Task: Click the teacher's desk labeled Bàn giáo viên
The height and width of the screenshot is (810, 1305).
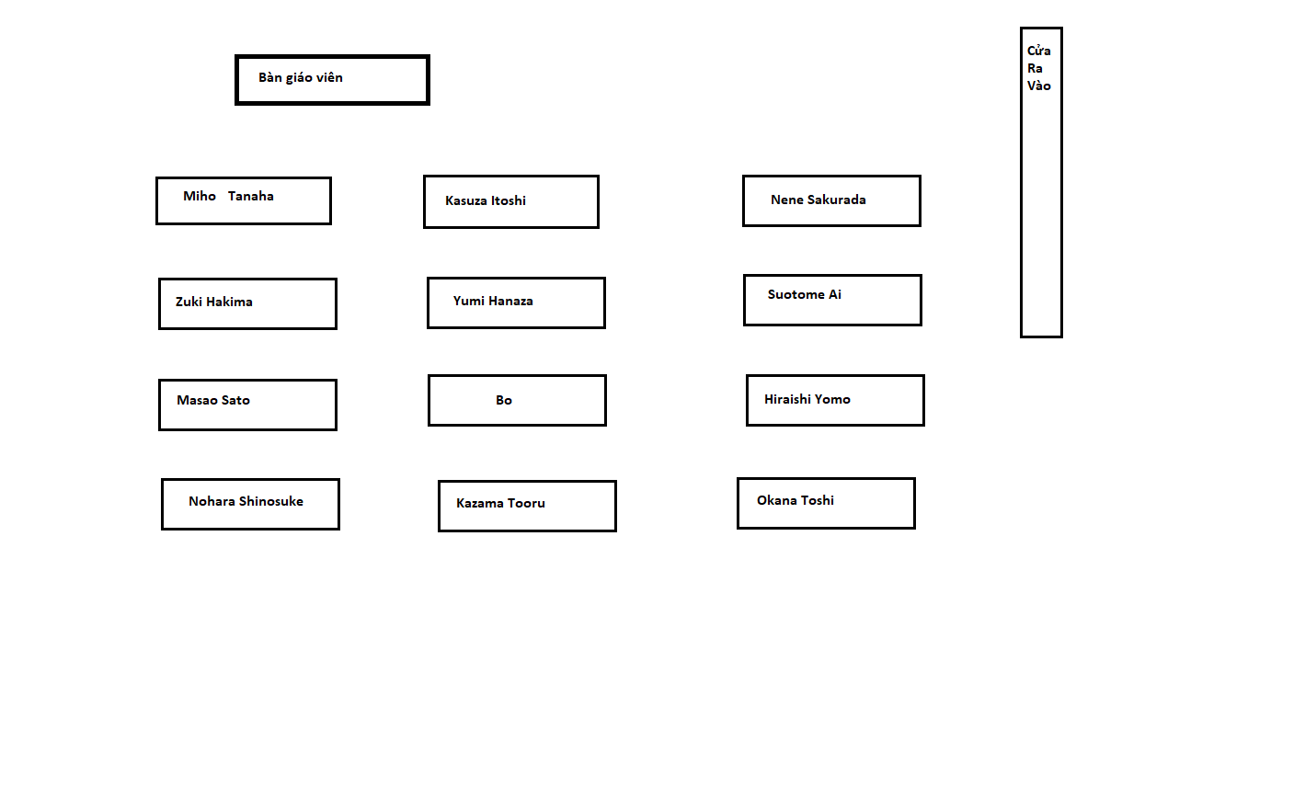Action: point(332,80)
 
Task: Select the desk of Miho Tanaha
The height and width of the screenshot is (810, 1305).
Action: point(244,200)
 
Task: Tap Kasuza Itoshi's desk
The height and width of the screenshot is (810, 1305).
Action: point(511,201)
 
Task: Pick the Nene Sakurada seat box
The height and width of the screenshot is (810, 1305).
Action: point(831,200)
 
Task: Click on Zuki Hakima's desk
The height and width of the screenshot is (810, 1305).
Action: point(247,303)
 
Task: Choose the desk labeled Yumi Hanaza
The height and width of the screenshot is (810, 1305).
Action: point(516,302)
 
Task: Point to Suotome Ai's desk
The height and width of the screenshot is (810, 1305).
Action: point(832,300)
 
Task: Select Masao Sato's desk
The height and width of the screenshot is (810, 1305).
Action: point(247,405)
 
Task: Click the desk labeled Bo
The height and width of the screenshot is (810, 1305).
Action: point(518,400)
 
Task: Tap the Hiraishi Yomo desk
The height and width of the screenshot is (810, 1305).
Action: point(835,400)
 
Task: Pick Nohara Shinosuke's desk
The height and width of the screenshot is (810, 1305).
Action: point(250,504)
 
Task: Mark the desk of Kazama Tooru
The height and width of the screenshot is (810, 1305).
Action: point(527,506)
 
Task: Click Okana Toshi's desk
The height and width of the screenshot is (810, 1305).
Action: point(826,503)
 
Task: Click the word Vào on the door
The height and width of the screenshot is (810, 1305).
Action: point(1038,86)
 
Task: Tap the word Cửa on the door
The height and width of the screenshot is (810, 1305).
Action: point(1038,50)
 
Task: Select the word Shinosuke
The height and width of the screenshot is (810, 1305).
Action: point(271,501)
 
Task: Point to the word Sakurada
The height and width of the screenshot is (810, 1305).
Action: point(837,200)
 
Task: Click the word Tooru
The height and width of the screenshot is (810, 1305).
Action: point(526,503)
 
